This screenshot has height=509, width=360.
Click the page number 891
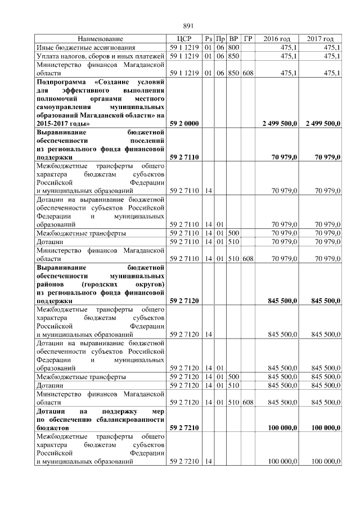[x=188, y=25]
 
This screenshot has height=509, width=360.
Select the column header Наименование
[x=100, y=39]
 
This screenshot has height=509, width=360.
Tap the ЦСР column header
[x=184, y=39]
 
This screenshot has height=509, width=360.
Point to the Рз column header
[x=208, y=39]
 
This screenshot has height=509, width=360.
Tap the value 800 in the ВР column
[x=233, y=47]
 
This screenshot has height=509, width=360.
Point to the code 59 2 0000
[x=183, y=123]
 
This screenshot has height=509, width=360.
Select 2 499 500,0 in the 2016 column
[x=280, y=123]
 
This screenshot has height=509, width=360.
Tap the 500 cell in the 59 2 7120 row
[x=233, y=376]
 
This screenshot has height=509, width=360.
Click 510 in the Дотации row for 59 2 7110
[x=233, y=241]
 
